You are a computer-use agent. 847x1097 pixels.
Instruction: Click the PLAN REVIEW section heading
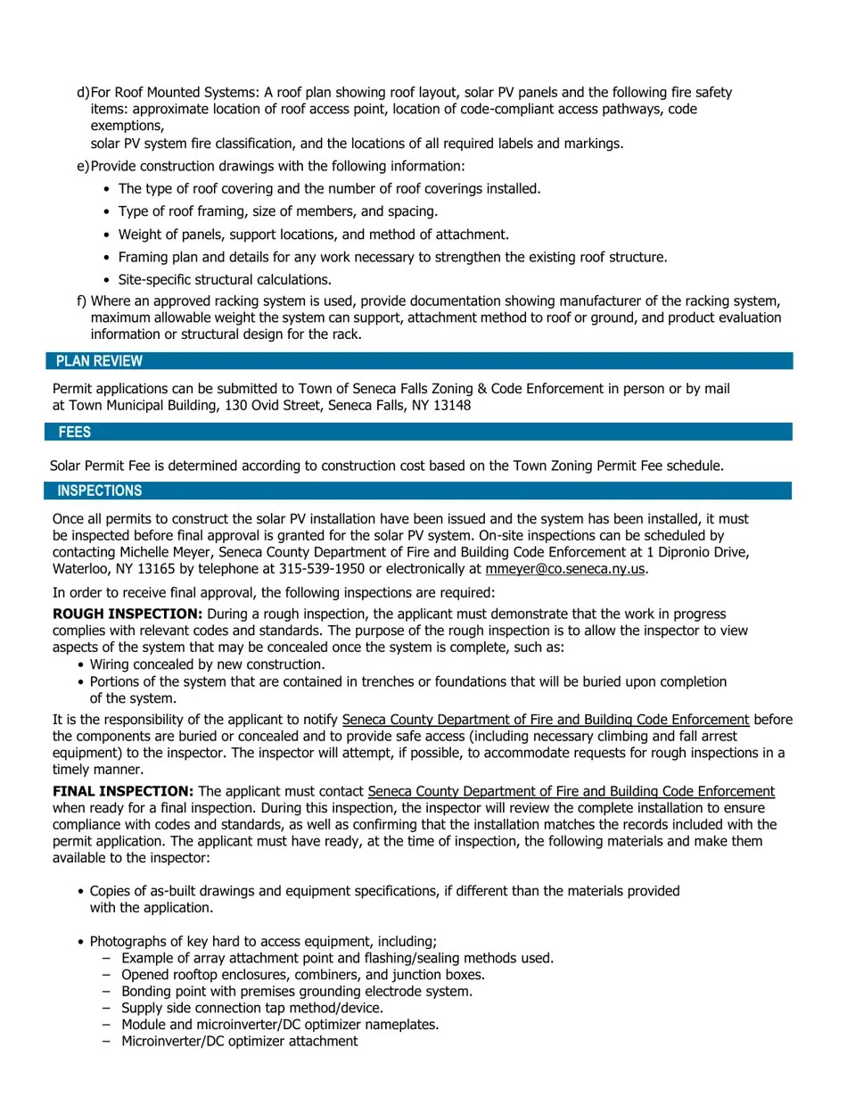click(x=99, y=361)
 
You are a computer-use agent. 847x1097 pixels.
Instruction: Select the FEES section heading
click(x=75, y=433)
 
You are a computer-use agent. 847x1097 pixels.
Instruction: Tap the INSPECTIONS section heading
click(x=99, y=491)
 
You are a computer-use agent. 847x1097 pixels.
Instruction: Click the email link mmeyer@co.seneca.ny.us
click(x=566, y=569)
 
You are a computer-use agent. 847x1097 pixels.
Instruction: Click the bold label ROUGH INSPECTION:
click(x=127, y=614)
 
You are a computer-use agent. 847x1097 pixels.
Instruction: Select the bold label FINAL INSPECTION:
click(x=123, y=791)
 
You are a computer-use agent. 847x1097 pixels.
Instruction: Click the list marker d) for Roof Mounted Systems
click(x=84, y=93)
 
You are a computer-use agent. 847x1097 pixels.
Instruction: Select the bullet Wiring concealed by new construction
click(x=207, y=665)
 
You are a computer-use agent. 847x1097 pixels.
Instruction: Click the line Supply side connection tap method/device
click(x=252, y=1008)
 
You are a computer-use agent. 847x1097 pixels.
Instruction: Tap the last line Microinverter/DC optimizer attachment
click(x=239, y=1042)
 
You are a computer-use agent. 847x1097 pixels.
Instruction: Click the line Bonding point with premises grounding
click(x=297, y=992)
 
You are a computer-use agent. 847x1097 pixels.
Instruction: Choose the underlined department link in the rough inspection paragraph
click(x=545, y=720)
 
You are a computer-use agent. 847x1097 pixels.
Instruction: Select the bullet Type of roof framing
click(x=277, y=212)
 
